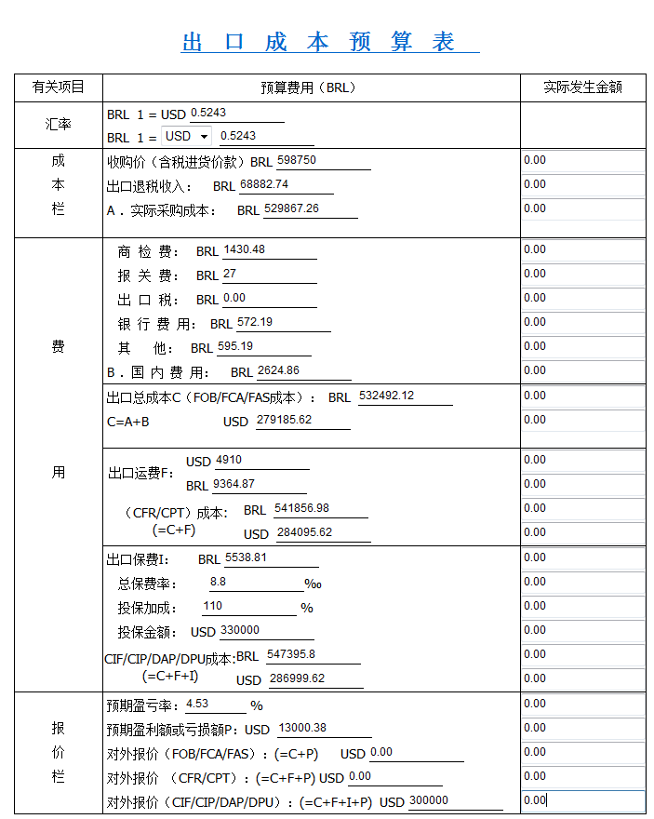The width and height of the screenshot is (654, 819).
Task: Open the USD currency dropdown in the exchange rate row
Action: [187, 136]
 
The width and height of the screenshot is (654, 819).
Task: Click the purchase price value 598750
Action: [297, 160]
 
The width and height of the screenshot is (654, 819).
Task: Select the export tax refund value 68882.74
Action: [264, 184]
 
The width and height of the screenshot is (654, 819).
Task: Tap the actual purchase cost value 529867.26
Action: [291, 208]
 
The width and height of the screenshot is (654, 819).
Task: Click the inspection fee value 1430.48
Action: [245, 249]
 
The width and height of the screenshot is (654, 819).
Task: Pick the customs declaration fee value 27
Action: [231, 274]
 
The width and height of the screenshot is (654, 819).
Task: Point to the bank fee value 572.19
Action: [255, 322]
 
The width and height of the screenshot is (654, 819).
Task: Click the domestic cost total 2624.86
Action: [278, 370]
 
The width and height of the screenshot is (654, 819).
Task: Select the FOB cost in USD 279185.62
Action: [280, 420]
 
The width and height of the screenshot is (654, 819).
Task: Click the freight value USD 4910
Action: [229, 460]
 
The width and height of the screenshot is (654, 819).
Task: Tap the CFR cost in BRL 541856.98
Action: [302, 508]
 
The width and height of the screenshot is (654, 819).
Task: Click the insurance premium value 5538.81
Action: [247, 557]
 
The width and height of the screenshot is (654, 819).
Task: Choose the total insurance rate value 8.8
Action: [219, 582]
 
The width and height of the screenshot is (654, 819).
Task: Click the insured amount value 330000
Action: [240, 630]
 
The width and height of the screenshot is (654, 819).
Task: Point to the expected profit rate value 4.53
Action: [197, 704]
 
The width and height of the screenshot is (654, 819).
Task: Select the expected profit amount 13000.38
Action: [302, 728]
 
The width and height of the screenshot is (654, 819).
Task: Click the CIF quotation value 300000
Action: [429, 800]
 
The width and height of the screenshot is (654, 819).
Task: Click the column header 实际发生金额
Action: [582, 87]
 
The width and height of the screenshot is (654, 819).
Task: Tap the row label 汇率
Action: [59, 124]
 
